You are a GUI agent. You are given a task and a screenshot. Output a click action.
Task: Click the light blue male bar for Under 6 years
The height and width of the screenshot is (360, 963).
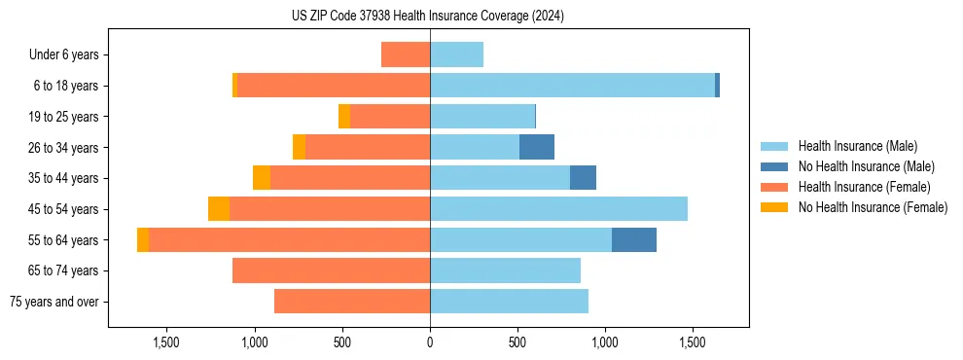tap(456, 54)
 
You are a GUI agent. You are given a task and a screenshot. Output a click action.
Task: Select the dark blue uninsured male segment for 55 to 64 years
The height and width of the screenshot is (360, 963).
tap(634, 239)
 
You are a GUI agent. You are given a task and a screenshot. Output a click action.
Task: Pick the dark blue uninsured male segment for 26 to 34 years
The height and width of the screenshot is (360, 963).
tap(537, 147)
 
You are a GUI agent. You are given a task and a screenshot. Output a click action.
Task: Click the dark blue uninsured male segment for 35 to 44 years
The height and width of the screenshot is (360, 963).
tap(583, 178)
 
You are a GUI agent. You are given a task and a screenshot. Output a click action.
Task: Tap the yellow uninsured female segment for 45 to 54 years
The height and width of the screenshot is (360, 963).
tap(219, 209)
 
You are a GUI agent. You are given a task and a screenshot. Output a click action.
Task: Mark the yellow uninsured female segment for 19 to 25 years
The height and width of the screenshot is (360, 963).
tap(344, 117)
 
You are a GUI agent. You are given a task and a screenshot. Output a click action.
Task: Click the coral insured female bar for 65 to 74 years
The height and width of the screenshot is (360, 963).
tap(331, 270)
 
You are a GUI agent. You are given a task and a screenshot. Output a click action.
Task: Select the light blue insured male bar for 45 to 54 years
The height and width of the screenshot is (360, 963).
tap(558, 209)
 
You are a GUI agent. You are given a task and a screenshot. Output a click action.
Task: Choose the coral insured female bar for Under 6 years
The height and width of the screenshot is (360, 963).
tap(406, 54)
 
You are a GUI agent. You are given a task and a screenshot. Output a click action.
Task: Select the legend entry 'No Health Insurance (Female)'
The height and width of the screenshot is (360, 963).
tap(873, 207)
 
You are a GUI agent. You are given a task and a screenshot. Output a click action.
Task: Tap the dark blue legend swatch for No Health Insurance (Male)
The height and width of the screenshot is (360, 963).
tap(775, 166)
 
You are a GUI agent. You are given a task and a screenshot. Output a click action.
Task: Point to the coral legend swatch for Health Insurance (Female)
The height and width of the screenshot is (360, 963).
tap(775, 187)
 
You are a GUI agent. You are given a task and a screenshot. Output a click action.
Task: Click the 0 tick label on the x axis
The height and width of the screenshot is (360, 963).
tap(430, 342)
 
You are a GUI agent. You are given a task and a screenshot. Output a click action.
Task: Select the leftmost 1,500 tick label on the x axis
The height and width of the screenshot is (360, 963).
tap(166, 342)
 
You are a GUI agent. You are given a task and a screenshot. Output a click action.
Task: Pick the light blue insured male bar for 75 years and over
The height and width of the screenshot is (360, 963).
tap(509, 302)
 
